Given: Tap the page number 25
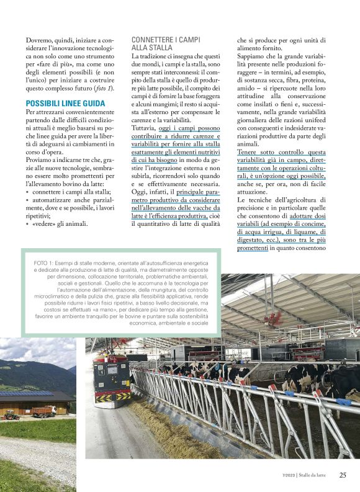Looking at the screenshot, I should click(343, 475).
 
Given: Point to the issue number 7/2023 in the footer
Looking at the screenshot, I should click(288, 476).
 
